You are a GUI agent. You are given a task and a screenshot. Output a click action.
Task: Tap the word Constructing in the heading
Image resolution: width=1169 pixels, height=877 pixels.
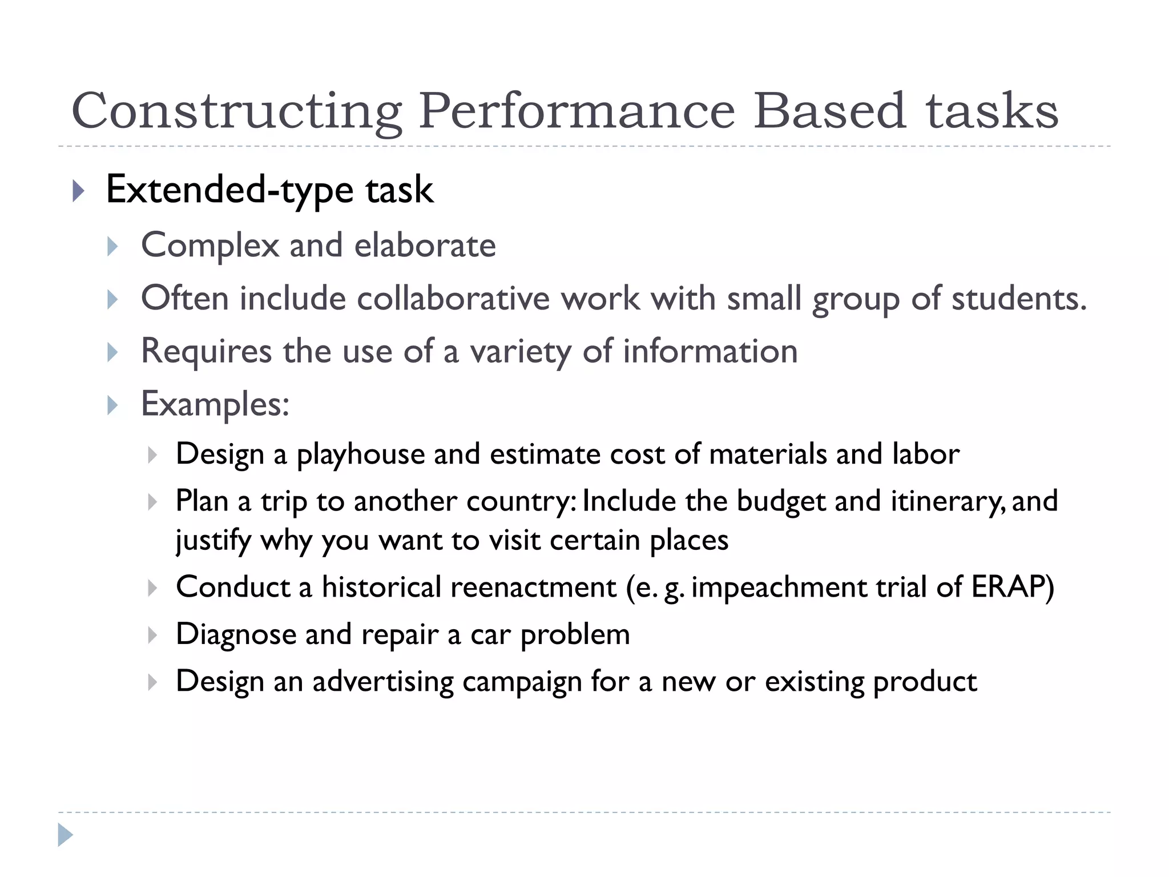(237, 112)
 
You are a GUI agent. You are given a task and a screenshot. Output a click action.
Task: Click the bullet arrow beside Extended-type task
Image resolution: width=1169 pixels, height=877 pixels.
(79, 191)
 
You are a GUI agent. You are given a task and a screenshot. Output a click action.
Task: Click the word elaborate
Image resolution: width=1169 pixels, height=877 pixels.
(425, 246)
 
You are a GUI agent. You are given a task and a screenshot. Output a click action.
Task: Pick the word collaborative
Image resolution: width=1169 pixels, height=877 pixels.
(453, 298)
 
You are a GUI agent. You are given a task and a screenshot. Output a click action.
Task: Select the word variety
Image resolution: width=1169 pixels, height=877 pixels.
(520, 351)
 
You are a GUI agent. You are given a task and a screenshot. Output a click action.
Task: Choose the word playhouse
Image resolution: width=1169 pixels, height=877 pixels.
(360, 454)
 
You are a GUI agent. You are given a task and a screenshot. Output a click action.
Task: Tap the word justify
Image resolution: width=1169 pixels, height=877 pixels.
(213, 540)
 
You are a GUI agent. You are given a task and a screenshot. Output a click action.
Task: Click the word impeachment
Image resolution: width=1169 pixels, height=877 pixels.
(779, 587)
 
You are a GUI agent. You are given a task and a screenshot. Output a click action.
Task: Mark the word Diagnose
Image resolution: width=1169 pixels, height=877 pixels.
(236, 634)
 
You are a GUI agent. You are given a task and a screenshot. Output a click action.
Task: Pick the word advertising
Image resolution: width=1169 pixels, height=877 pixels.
(382, 681)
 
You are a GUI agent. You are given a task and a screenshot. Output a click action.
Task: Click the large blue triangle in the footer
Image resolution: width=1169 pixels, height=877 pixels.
(65, 835)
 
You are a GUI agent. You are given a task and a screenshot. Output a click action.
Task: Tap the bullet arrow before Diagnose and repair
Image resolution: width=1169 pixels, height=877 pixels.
(152, 635)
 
